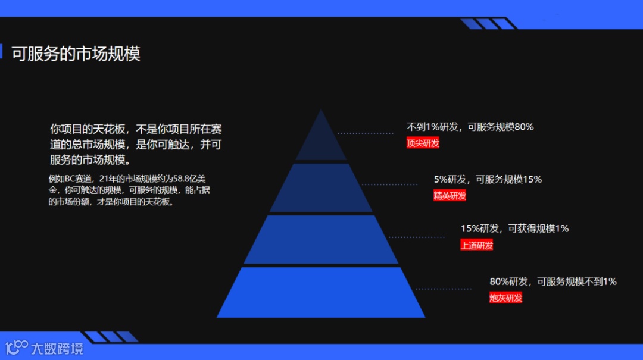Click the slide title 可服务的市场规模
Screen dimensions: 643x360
(76, 54)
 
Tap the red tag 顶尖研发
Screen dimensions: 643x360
(423, 143)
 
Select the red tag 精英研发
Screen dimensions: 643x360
(450, 195)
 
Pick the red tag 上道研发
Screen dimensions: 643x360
(476, 245)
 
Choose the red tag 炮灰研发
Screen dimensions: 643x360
(505, 298)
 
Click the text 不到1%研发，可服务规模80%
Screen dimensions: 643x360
(470, 127)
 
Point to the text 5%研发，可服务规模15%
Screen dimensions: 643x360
(488, 179)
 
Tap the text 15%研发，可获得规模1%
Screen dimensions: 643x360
(514, 228)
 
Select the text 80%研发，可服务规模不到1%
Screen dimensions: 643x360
(553, 281)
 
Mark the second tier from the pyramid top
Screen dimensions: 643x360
(321, 189)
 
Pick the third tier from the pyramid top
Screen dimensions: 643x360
(321, 240)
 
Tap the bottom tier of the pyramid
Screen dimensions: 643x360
(321, 293)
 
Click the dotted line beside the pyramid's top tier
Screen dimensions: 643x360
(365, 133)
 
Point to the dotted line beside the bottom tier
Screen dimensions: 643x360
(443, 289)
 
